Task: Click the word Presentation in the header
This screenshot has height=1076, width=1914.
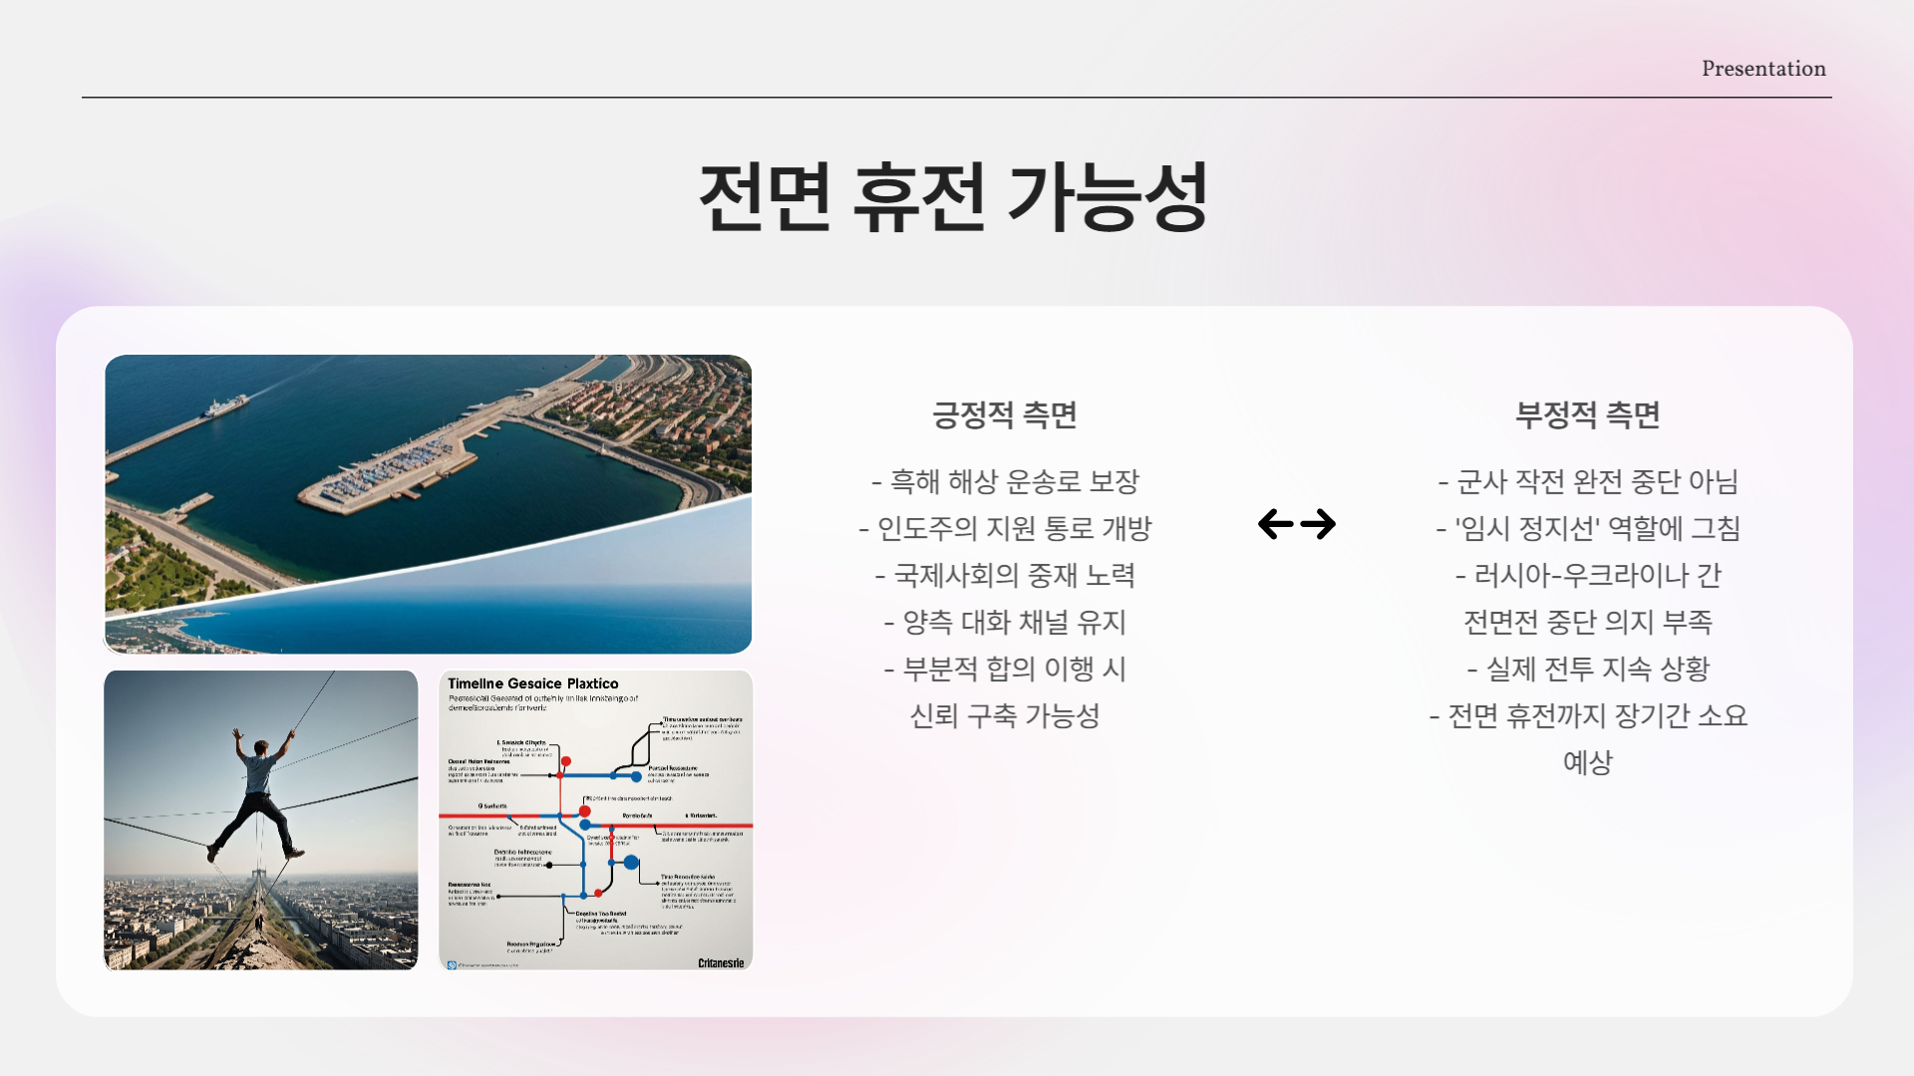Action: pyautogui.click(x=1762, y=69)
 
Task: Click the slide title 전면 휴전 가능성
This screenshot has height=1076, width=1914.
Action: pyautogui.click(x=954, y=197)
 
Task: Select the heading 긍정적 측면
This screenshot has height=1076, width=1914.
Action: pyautogui.click(x=1004, y=414)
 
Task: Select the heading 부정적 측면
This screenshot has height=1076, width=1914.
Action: pyautogui.click(x=1587, y=414)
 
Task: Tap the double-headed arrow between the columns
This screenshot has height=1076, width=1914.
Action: pyautogui.click(x=1296, y=524)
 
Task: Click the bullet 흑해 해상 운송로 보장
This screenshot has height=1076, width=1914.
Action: pyautogui.click(x=1005, y=482)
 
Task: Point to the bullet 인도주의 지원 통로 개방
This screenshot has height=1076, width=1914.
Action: pyautogui.click(x=1005, y=529)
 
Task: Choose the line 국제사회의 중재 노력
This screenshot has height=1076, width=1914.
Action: pyautogui.click(x=1005, y=576)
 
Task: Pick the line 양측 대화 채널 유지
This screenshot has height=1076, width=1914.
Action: pyautogui.click(x=1005, y=623)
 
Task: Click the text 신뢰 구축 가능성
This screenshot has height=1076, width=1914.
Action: pyautogui.click(x=1005, y=716)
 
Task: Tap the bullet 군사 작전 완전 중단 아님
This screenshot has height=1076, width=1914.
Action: pyautogui.click(x=1587, y=482)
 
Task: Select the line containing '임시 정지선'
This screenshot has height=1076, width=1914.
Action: pyautogui.click(x=1587, y=529)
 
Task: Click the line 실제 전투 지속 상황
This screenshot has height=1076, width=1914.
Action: pyautogui.click(x=1587, y=670)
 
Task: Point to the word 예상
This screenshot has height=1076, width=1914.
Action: pyautogui.click(x=1587, y=763)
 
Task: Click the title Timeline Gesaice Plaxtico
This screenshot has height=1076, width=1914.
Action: pyautogui.click(x=532, y=683)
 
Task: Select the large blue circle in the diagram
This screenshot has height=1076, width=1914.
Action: pyautogui.click(x=631, y=862)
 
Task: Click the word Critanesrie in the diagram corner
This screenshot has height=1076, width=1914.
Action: pyautogui.click(x=720, y=962)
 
